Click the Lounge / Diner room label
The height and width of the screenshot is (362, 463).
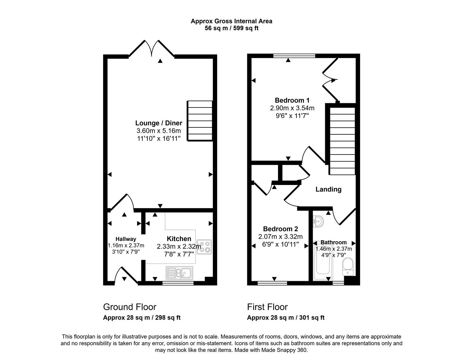[158, 123]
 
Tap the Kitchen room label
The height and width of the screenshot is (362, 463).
[179, 239]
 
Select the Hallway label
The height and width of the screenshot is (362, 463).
[126, 239]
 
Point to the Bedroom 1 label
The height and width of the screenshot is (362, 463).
[292, 100]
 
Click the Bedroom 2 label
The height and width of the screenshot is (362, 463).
[280, 229]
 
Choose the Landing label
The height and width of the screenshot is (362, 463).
[328, 189]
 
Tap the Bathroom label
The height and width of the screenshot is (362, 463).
[333, 242]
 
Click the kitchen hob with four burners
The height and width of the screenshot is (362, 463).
[204, 247]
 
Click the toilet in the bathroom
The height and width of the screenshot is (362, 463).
[348, 266]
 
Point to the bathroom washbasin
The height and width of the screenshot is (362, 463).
[318, 221]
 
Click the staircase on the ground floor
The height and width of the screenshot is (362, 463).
[200, 121]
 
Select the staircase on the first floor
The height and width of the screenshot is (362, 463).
[342, 141]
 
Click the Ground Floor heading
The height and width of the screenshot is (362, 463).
[130, 307]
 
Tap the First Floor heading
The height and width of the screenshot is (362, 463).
[267, 307]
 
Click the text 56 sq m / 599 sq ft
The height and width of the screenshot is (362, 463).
[231, 28]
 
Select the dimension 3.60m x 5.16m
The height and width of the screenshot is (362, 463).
[158, 131]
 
